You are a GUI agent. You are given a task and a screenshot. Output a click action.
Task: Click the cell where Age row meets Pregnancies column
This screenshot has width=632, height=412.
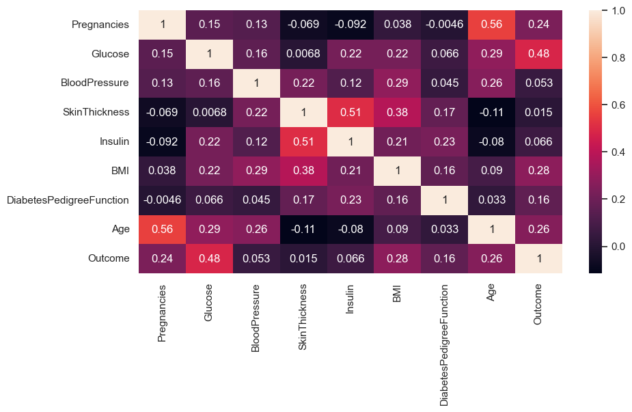[x=162, y=230]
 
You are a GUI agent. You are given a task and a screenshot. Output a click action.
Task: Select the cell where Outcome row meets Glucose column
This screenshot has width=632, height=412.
[x=209, y=259]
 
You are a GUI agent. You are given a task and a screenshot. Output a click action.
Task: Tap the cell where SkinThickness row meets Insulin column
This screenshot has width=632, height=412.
[x=351, y=113]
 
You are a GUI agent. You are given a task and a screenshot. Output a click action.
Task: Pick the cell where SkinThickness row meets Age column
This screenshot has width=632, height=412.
[x=492, y=113]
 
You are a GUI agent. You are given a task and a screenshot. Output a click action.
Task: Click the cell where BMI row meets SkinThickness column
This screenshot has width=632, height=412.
[x=303, y=171]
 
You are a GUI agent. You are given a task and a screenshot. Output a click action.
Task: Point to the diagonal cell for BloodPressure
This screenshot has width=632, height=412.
[x=256, y=83]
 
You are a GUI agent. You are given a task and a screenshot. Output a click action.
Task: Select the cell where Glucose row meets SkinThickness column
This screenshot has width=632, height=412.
[x=303, y=54]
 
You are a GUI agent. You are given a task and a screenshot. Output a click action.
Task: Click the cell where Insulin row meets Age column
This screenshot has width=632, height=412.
[x=492, y=142]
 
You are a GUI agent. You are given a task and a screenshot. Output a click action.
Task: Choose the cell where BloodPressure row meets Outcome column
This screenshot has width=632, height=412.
[x=539, y=83]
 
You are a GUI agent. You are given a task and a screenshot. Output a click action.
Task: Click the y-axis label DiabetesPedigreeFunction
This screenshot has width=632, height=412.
[x=68, y=200]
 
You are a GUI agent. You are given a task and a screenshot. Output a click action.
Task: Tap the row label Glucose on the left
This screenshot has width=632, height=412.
[x=110, y=54]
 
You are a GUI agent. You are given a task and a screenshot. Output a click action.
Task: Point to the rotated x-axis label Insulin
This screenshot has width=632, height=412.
[x=351, y=299]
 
